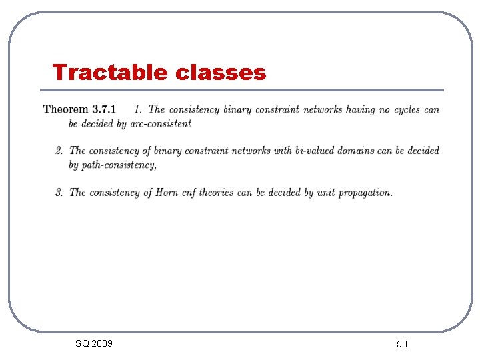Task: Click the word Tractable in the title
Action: [x=111, y=72]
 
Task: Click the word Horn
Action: [x=167, y=193]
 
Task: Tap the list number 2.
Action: [x=59, y=151]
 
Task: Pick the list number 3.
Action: [x=59, y=193]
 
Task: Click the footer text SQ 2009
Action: [x=94, y=343]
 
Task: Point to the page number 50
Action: [x=401, y=344]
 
